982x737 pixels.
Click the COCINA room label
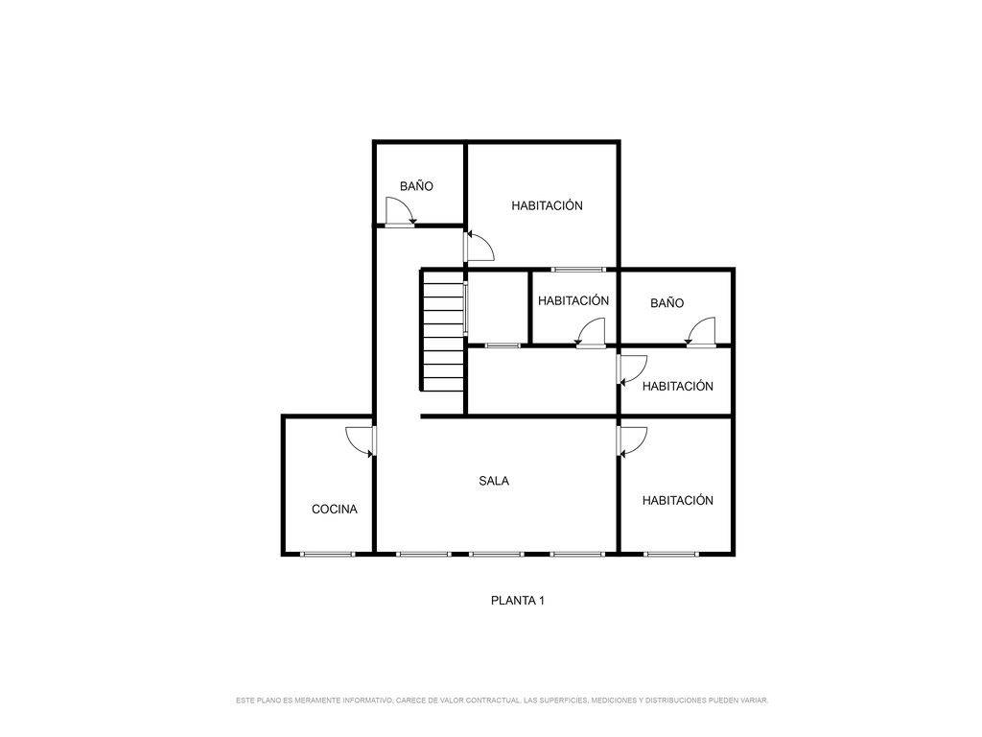point(335,510)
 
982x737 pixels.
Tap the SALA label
point(494,482)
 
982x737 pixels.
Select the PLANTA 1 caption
point(517,601)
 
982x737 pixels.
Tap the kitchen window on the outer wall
point(328,554)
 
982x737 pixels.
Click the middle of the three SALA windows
point(497,554)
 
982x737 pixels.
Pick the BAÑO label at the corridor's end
point(416,186)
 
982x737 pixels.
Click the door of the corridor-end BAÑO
point(400,212)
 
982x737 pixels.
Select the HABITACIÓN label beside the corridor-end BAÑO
point(547,205)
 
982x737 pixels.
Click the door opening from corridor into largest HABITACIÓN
point(479,247)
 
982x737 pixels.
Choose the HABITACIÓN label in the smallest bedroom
point(573,300)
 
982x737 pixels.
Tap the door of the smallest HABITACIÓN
point(591,332)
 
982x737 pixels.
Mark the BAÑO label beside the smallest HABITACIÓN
point(667,303)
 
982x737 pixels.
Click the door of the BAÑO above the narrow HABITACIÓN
point(700,332)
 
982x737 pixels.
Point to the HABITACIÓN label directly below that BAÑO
point(678,387)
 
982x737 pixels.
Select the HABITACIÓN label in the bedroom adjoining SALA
point(678,501)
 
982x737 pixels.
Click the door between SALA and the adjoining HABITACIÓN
point(632,441)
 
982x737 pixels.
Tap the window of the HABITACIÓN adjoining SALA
point(670,554)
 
